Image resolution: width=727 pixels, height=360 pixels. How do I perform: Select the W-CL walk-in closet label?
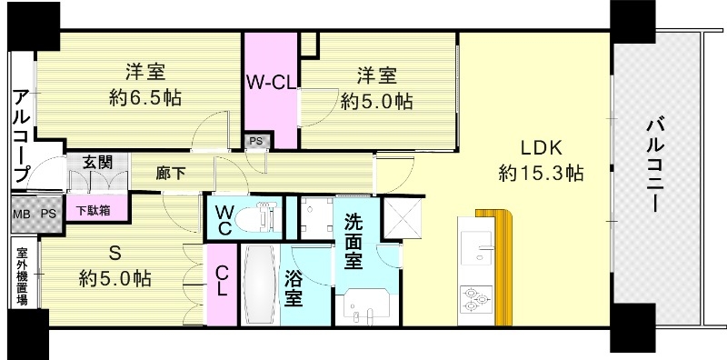pos(270,80)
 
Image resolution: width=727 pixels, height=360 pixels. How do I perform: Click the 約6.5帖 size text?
pos(144,97)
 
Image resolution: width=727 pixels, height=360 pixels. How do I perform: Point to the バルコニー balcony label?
pos(655,165)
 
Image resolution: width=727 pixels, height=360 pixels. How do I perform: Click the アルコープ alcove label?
pos(21,134)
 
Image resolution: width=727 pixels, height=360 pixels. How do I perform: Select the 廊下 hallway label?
pos(171,173)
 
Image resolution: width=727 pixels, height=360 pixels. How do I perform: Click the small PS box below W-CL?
pos(255,140)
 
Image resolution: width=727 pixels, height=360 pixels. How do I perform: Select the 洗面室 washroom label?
pos(354,241)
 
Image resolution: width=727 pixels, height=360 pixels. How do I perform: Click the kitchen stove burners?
pos(477,298)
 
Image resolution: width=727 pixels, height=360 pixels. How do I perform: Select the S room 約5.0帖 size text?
pos(115,277)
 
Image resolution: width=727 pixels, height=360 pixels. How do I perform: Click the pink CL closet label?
pos(222,279)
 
